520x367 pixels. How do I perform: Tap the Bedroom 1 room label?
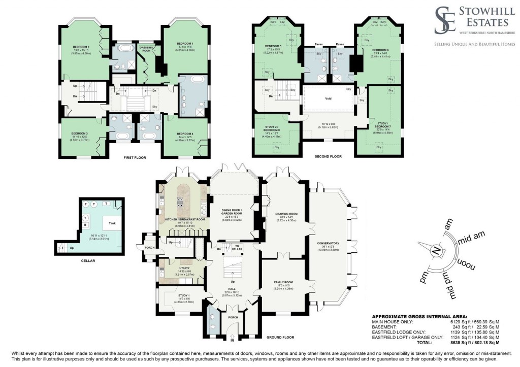pyautogui.click(x=185, y=44)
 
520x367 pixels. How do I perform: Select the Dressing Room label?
pyautogui.click(x=147, y=49)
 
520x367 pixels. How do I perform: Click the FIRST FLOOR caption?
pyautogui.click(x=135, y=158)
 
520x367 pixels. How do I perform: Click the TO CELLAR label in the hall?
pyautogui.click(x=237, y=247)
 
